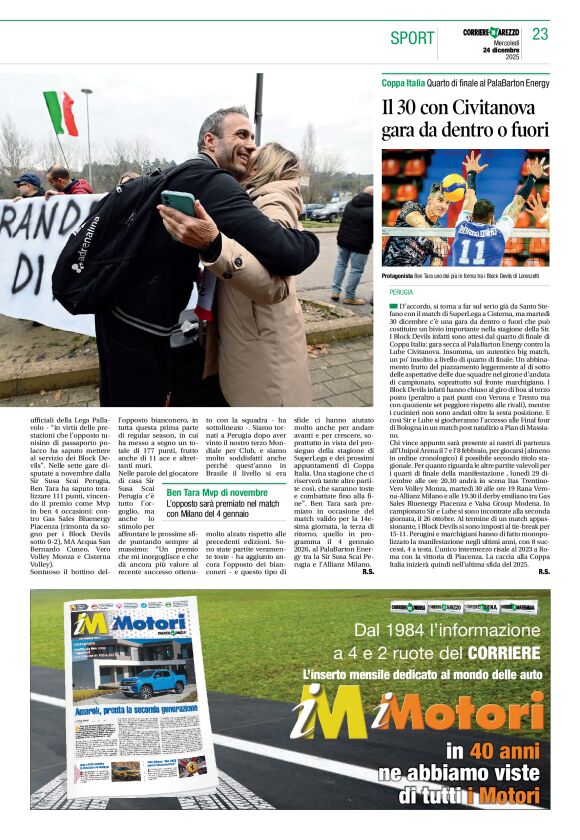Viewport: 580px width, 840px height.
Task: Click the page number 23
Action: coord(540,34)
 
